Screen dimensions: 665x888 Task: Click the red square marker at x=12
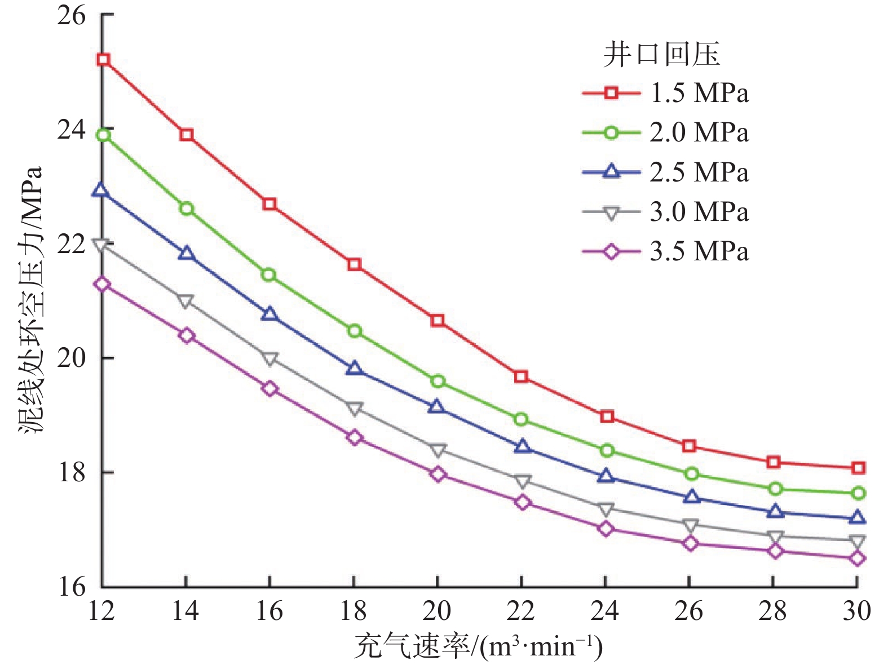tap(103, 60)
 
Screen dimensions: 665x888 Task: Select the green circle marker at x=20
tap(438, 382)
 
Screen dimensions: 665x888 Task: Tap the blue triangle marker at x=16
tap(270, 314)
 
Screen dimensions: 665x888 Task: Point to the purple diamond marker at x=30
tap(857, 558)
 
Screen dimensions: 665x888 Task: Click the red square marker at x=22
tap(521, 376)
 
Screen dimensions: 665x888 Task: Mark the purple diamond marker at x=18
tap(354, 438)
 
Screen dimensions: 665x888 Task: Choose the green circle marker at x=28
tap(774, 489)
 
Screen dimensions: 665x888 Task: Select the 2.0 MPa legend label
tap(699, 132)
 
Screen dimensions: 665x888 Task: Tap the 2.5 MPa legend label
tap(699, 172)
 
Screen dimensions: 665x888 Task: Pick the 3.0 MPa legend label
tap(699, 212)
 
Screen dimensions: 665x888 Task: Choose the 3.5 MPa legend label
tap(699, 251)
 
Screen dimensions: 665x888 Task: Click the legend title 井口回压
tap(661, 55)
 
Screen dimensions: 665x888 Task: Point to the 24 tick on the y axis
tap(72, 130)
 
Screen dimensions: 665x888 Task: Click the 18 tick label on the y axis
tap(72, 472)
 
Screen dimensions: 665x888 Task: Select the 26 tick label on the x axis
tap(688, 611)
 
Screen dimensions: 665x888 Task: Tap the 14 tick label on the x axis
tap(185, 611)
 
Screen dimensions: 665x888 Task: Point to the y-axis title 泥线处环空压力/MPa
tap(32, 299)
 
